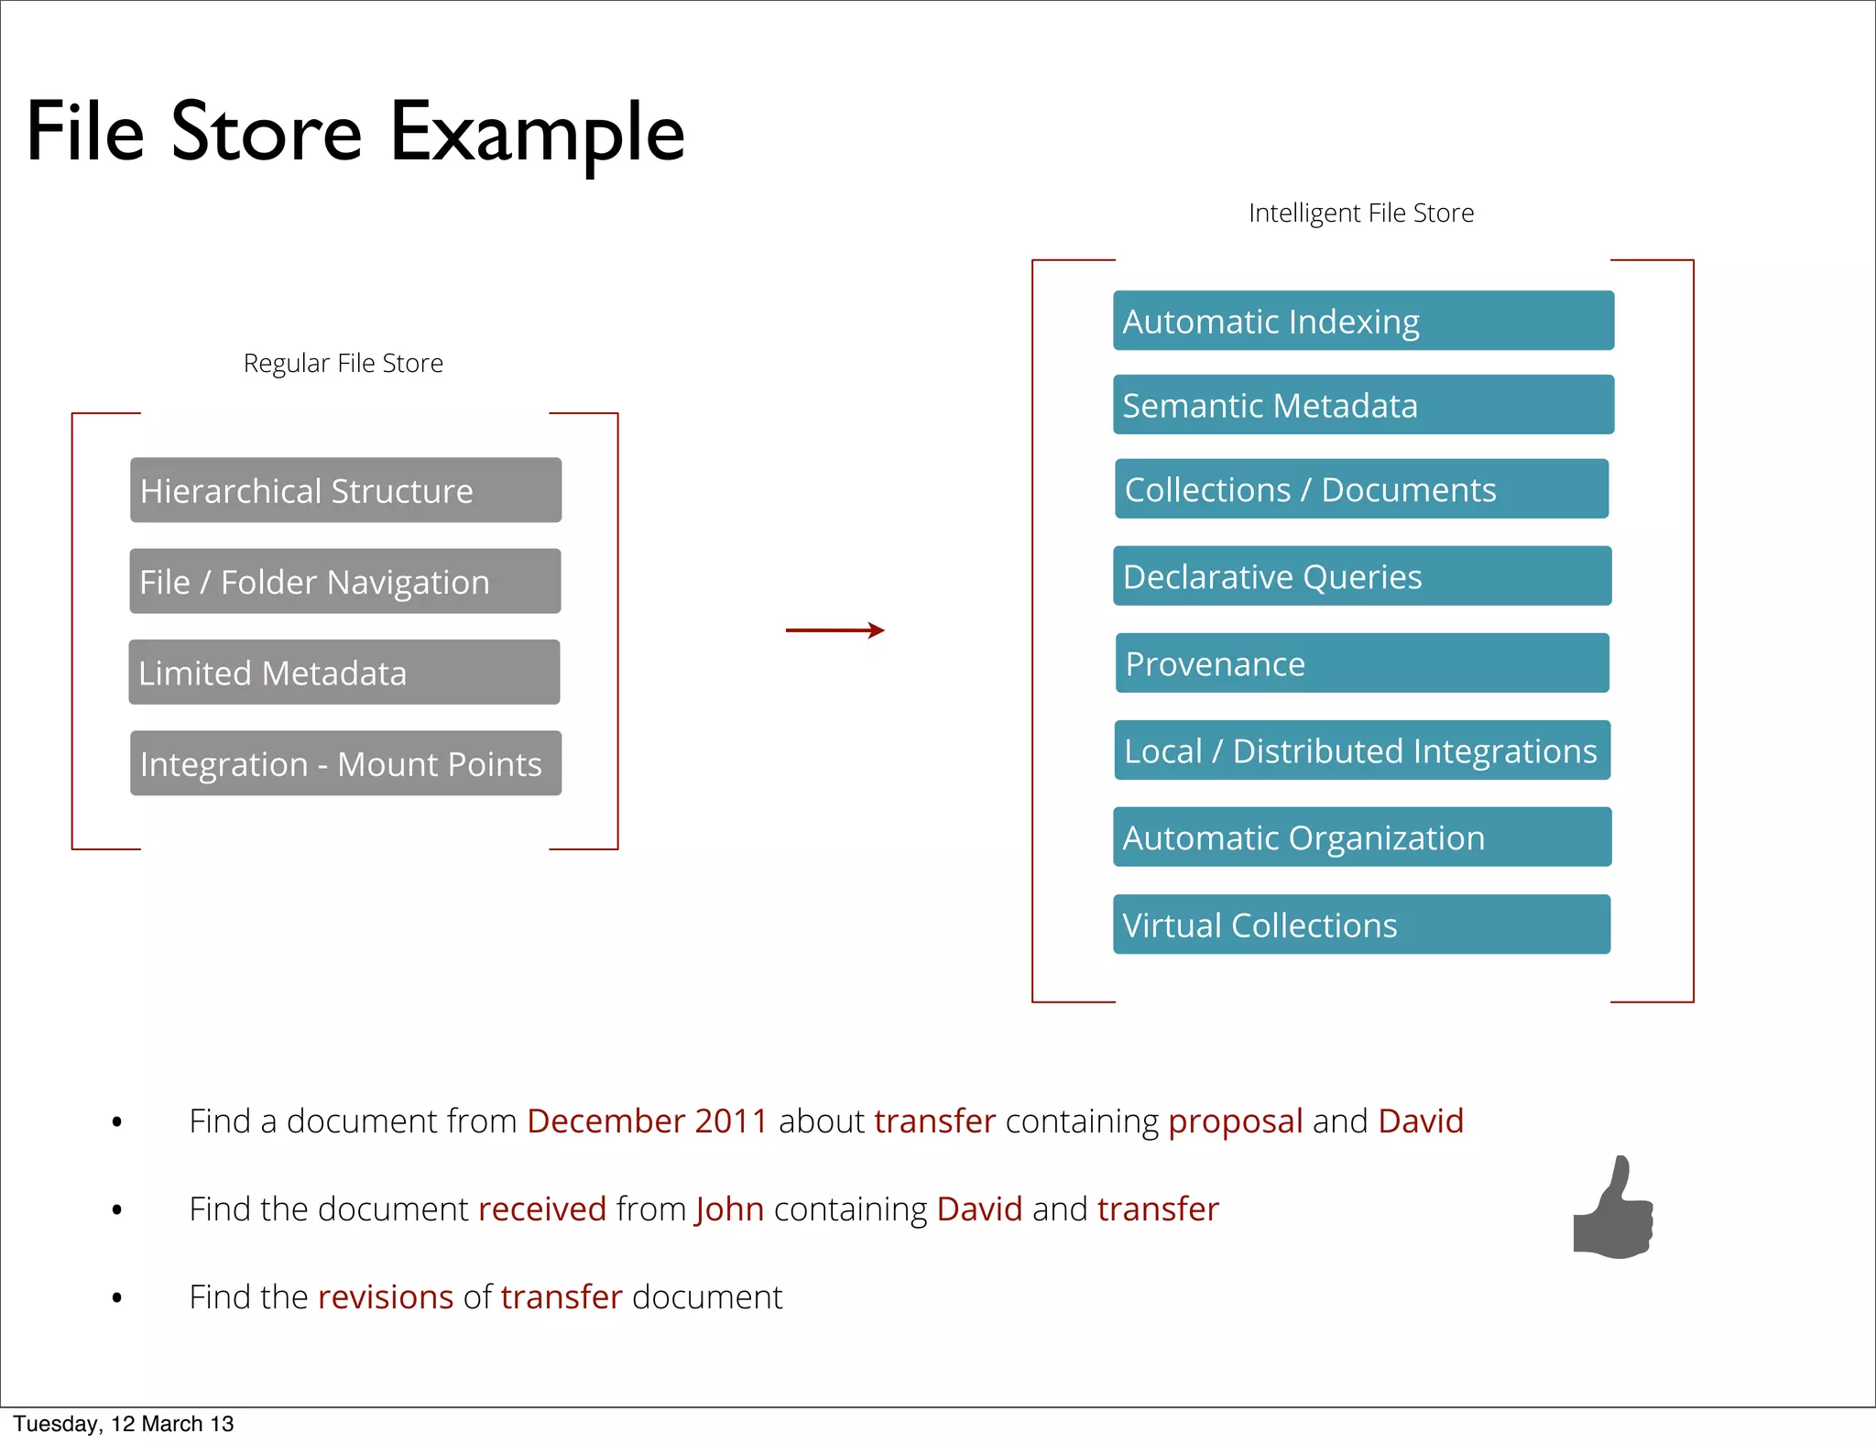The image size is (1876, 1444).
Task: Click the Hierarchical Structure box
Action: point(345,490)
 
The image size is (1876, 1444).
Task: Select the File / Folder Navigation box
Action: point(344,581)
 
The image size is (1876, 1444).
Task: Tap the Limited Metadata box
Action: point(344,672)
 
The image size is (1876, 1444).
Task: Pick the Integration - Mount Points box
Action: point(345,762)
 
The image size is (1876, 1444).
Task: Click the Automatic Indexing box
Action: point(1363,321)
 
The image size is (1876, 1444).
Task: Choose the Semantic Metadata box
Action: point(1363,404)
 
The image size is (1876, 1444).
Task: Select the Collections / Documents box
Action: point(1361,488)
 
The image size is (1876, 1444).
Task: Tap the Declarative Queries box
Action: point(1362,575)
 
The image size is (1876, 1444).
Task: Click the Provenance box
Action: point(1362,662)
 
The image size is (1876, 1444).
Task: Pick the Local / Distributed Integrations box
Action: point(1362,749)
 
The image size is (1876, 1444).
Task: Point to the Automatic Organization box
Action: point(1362,837)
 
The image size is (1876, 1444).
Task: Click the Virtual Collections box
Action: point(1361,924)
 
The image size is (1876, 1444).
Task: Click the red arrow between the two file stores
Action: point(834,629)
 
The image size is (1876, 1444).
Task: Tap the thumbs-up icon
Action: point(1613,1209)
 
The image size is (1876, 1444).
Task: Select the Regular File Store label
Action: point(343,364)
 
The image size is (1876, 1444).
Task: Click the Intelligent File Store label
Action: point(1361,213)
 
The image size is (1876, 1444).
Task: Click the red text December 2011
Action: point(647,1121)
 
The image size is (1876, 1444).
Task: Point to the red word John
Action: point(729,1209)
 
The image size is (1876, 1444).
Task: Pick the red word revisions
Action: point(386,1297)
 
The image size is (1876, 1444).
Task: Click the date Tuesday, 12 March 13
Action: point(124,1424)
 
